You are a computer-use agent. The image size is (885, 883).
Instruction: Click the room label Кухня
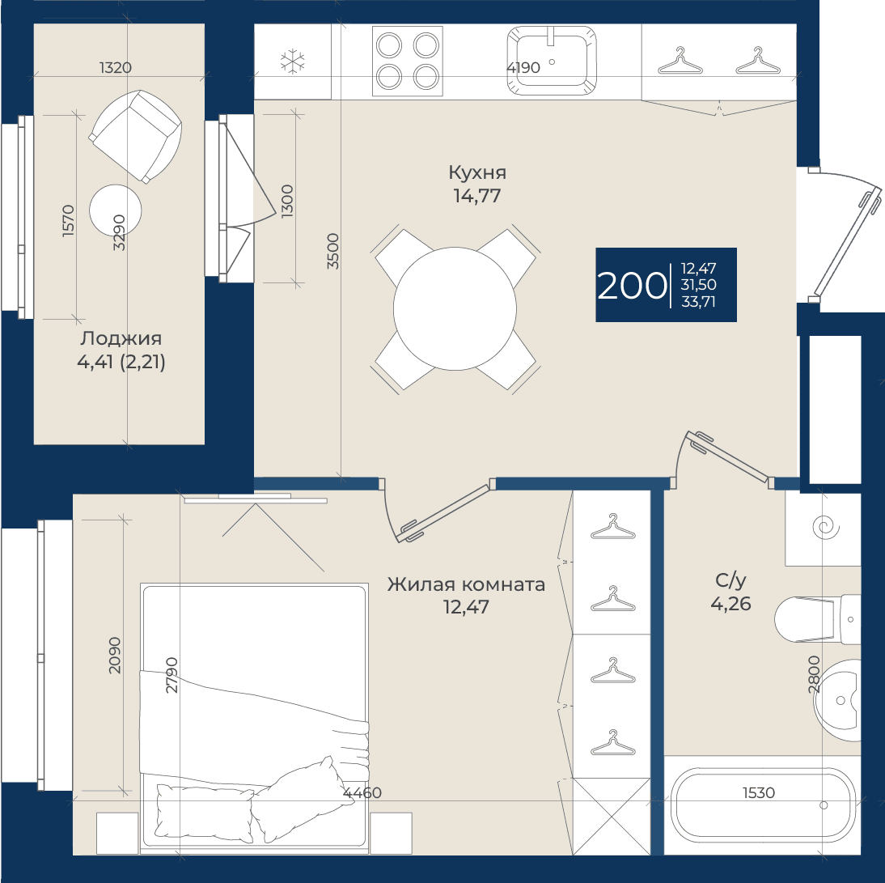pyautogui.click(x=477, y=172)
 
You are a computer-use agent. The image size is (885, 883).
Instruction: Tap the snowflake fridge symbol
pyautogui.click(x=292, y=62)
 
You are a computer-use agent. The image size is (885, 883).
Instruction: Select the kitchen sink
pyautogui.click(x=552, y=61)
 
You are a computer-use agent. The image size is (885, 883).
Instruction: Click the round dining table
pyautogui.click(x=455, y=309)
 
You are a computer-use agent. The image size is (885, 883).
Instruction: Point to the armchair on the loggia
pyautogui.click(x=135, y=136)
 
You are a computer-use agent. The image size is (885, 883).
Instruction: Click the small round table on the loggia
pyautogui.click(x=115, y=210)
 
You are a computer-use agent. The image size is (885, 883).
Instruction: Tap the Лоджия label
pyautogui.click(x=121, y=338)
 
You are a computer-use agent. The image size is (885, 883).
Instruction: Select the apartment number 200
pyautogui.click(x=632, y=286)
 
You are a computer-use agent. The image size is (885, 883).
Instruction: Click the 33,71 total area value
pyautogui.click(x=698, y=302)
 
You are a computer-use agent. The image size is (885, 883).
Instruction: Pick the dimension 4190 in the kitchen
pyautogui.click(x=523, y=68)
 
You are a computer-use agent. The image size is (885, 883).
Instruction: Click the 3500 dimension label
pyautogui.click(x=333, y=251)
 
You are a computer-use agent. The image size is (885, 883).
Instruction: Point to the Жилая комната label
pyautogui.click(x=466, y=584)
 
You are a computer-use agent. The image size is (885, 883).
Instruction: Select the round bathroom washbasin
pyautogui.click(x=837, y=700)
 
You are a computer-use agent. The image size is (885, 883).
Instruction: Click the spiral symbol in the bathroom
pyautogui.click(x=826, y=528)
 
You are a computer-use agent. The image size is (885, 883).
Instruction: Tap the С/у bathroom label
pyautogui.click(x=731, y=580)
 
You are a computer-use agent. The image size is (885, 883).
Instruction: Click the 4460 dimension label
pyautogui.click(x=362, y=792)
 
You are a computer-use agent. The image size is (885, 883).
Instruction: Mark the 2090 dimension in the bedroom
pyautogui.click(x=115, y=655)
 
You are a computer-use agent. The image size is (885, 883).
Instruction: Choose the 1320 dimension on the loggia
pyautogui.click(x=116, y=68)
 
